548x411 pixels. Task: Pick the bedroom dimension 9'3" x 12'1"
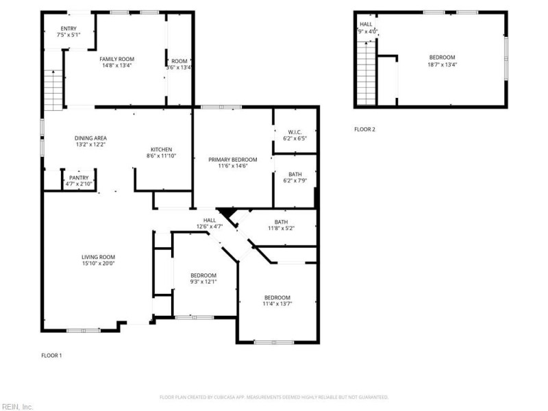pos(203,282)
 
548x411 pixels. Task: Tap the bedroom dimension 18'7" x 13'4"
pos(442,64)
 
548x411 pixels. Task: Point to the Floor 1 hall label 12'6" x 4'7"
pos(210,226)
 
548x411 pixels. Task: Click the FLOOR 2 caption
pos(364,129)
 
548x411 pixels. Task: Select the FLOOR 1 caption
pos(51,355)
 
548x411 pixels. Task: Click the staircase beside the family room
pos(53,90)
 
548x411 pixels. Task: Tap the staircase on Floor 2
pos(366,72)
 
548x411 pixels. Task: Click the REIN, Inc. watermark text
pos(17,406)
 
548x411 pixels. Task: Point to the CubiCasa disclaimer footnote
pos(274,397)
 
